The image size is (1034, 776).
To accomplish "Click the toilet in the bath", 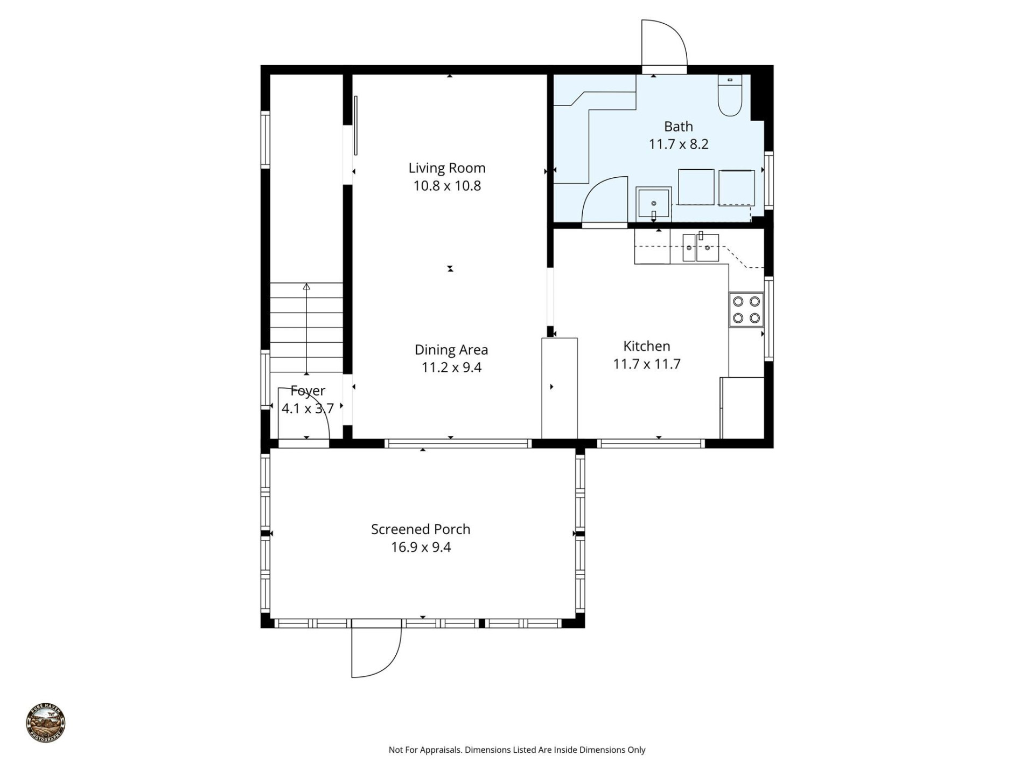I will tap(730, 97).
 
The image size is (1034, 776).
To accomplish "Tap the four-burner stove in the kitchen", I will tap(746, 310).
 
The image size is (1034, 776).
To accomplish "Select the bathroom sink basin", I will tap(654, 203).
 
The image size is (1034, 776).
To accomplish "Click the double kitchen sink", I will tap(701, 248).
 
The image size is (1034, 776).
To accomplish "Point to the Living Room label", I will tap(446, 168).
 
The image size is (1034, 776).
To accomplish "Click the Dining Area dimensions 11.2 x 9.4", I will tap(451, 368).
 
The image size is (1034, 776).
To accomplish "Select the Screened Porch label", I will tap(420, 529).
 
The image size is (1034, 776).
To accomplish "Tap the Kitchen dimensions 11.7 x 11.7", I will tap(646, 364).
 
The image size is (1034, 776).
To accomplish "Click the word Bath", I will tap(678, 127).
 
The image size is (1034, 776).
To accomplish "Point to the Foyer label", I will tap(308, 391).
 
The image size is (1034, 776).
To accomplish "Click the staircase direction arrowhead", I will tap(306, 287).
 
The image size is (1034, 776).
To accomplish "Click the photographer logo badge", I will tap(46, 723).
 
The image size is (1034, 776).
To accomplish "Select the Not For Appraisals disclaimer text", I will tap(516, 750).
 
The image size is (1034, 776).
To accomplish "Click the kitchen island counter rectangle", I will tap(559, 388).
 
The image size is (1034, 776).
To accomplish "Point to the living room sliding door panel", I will tap(355, 126).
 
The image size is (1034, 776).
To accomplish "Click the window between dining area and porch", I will tap(458, 444).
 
